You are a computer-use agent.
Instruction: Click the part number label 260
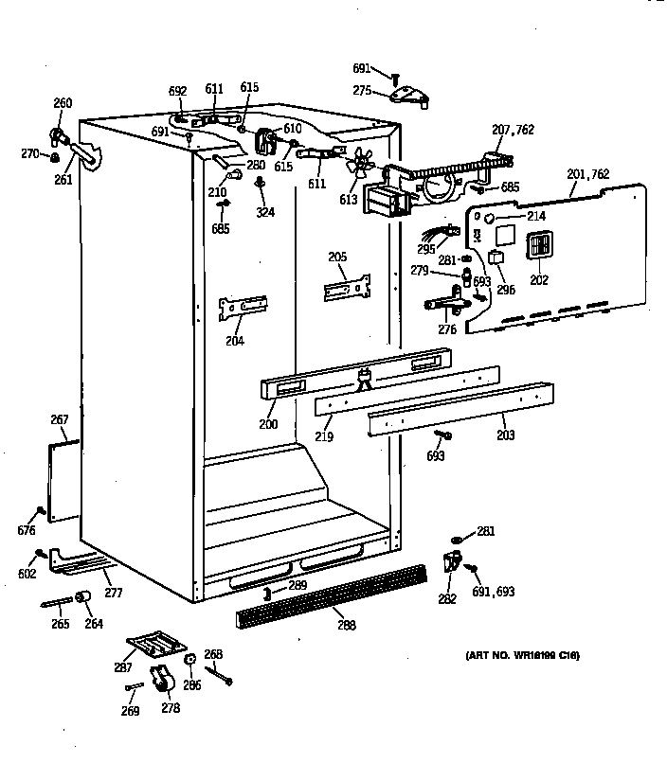63,103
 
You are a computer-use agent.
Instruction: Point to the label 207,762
512,130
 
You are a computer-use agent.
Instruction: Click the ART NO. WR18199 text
522,655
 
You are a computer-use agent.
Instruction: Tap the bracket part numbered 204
243,307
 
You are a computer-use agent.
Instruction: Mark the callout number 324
265,213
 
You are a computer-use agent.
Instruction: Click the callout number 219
324,438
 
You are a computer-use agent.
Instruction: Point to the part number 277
113,594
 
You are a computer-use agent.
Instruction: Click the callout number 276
447,329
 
